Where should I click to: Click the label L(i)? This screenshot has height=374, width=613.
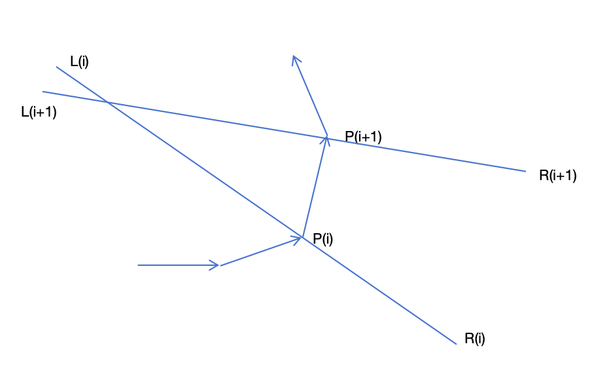click(79, 62)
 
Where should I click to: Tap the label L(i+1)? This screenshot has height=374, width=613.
click(39, 112)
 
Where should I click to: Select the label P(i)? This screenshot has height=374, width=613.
click(323, 239)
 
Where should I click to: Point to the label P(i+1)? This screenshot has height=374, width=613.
click(363, 137)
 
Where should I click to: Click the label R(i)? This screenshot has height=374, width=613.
click(475, 339)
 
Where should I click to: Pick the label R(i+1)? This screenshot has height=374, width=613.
click(557, 176)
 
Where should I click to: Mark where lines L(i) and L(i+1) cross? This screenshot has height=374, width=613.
click(107, 102)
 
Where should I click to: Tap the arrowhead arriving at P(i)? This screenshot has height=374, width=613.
click(300, 238)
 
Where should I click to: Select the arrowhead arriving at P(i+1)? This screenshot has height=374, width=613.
click(326, 138)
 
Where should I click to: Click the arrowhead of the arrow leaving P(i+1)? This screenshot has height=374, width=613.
click(295, 57)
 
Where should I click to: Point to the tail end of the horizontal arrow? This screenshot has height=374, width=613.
click(138, 265)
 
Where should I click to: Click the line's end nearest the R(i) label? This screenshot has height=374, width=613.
click(455, 344)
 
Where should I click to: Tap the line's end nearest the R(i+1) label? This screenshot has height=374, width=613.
click(525, 172)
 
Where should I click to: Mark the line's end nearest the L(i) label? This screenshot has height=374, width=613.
click(57, 67)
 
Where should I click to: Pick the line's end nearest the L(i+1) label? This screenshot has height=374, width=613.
click(43, 92)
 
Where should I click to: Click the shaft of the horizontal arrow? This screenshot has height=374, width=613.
click(177, 265)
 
